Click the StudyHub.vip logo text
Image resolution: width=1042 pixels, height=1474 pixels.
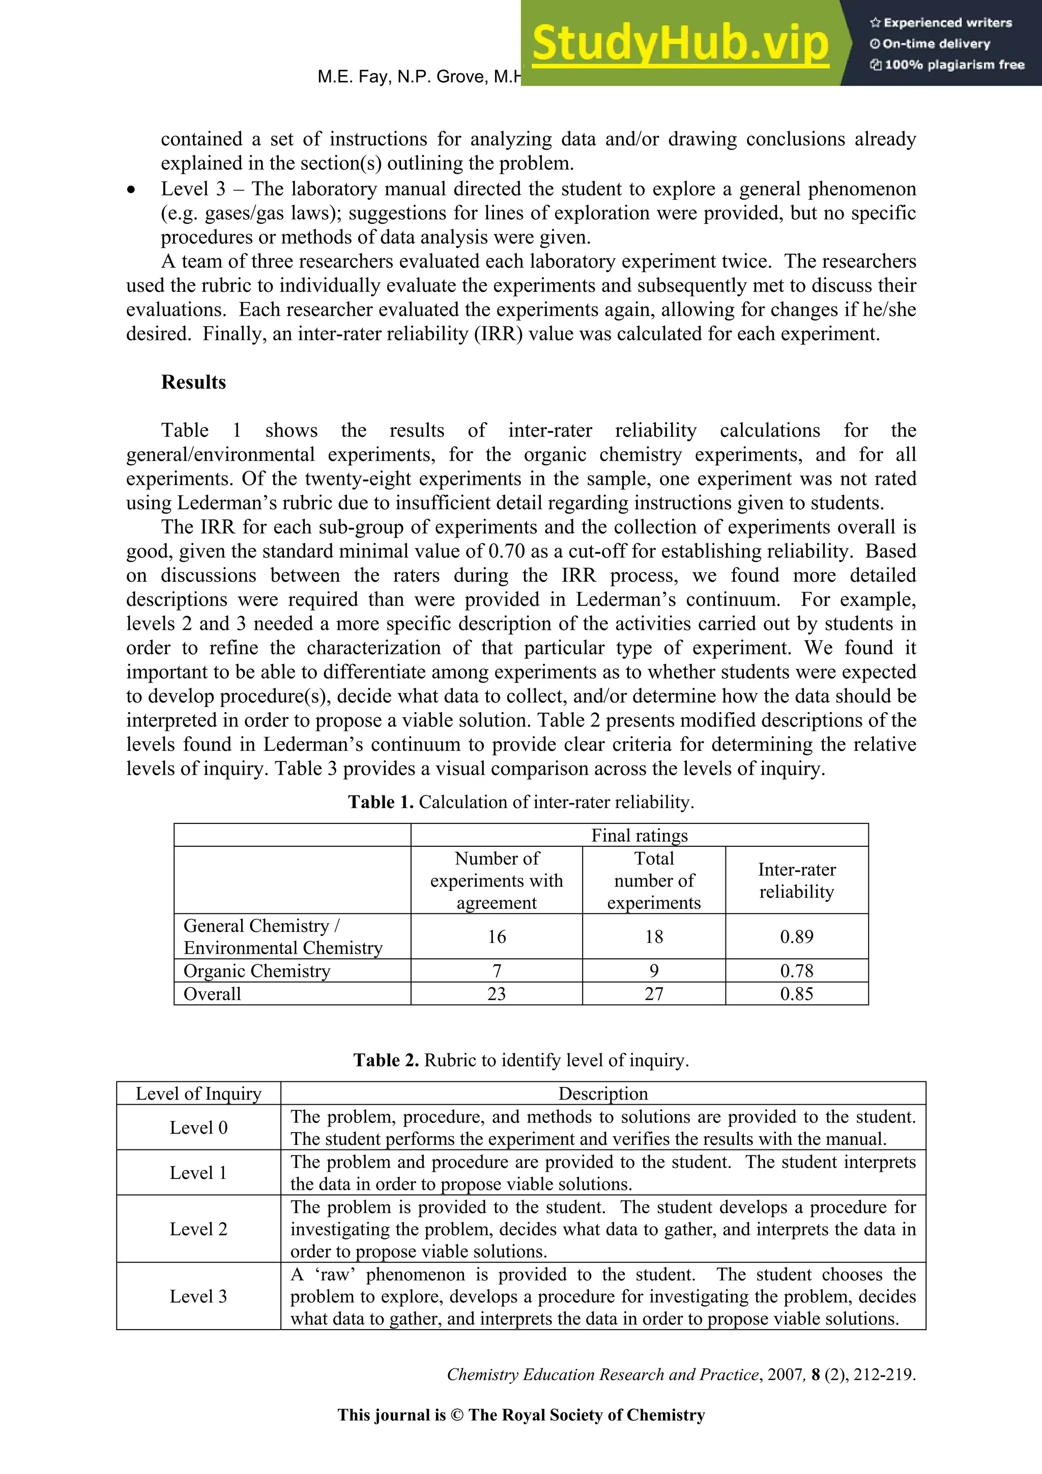680,44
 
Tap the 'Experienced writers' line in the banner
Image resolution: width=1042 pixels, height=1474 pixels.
941,22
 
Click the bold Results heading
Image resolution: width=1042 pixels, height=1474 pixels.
193,382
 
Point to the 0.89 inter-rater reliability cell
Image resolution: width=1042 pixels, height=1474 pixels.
796,937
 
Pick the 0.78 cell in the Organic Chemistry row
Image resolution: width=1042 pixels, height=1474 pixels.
796,970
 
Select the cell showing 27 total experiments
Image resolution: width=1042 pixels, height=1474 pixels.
654,994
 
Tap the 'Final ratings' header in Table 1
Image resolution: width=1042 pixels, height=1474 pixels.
639,835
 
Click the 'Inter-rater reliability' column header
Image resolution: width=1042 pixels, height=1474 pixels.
796,880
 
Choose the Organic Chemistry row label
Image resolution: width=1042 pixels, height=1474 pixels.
257,970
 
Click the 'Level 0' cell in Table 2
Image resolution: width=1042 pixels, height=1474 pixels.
198,1127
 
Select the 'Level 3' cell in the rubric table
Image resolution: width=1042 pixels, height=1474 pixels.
198,1296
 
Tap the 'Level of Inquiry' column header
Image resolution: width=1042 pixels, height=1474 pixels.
198,1094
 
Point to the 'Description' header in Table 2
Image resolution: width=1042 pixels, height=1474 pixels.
603,1094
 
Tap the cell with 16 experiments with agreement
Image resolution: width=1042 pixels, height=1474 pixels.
496,937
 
